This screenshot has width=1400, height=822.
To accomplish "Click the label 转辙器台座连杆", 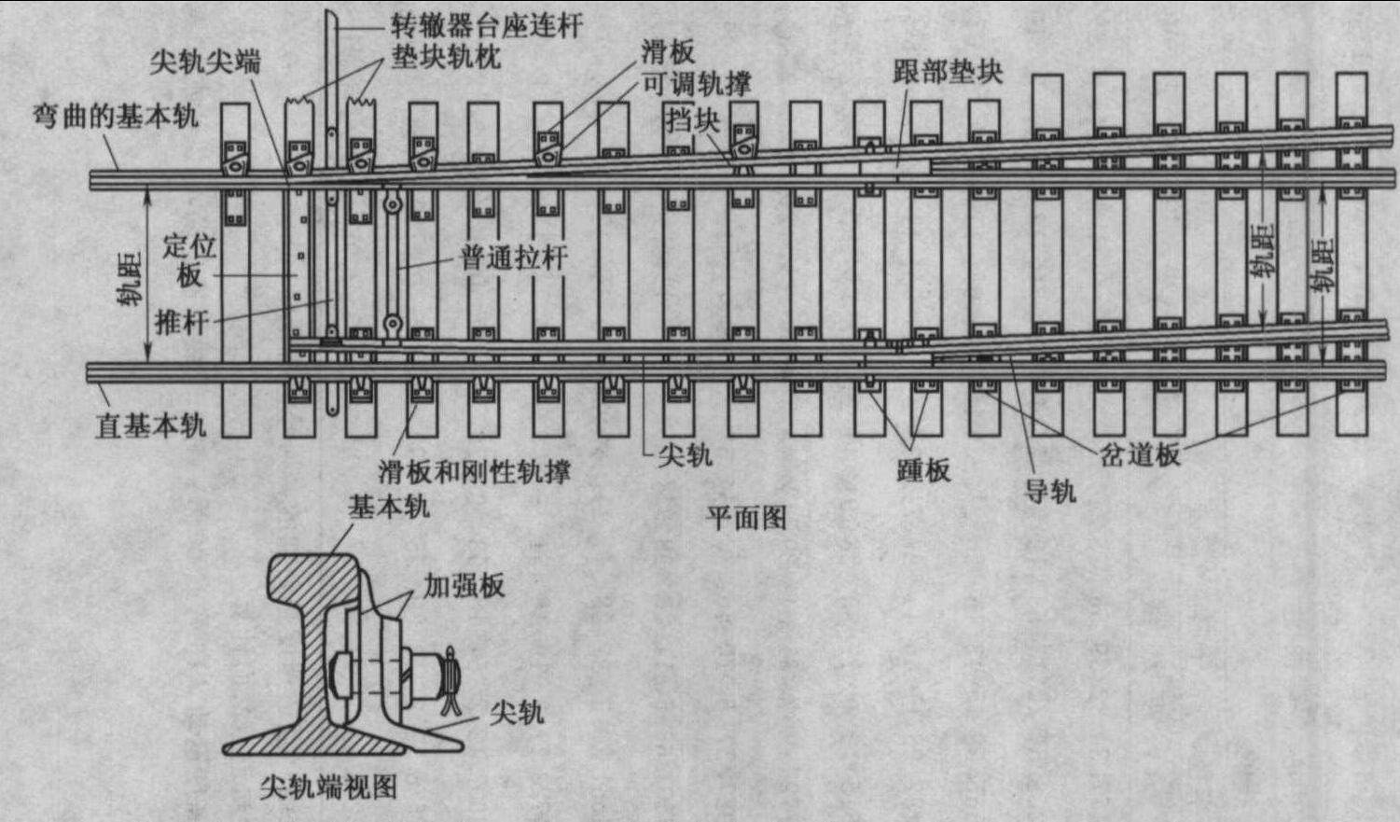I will [x=487, y=25].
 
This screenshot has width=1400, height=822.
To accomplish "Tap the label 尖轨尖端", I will [x=205, y=63].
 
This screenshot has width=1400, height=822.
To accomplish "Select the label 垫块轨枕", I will [x=446, y=56].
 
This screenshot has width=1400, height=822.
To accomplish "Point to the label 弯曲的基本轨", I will [x=116, y=117].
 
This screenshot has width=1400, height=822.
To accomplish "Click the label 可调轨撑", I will [x=696, y=85].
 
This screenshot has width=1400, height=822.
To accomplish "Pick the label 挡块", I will [x=692, y=119].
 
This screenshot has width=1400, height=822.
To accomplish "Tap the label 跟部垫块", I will [x=948, y=72].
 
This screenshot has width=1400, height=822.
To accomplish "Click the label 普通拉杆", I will [x=513, y=258].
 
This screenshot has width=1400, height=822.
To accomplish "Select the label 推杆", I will [x=181, y=323].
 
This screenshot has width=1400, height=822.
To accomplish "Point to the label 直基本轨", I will [x=150, y=425].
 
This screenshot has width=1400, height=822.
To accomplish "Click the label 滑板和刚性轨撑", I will [x=474, y=471].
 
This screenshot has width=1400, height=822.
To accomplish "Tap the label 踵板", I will [x=923, y=469].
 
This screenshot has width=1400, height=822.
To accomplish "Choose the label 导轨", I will [x=1050, y=491].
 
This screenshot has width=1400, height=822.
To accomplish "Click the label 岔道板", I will [x=1140, y=454].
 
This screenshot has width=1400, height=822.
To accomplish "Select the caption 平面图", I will [x=746, y=517].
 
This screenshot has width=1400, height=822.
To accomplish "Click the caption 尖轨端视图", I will [x=328, y=787].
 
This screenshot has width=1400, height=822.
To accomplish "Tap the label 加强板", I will [x=464, y=586].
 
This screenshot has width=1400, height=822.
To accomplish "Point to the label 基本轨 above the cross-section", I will [x=388, y=507].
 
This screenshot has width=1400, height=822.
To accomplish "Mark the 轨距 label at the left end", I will [x=130, y=278].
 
